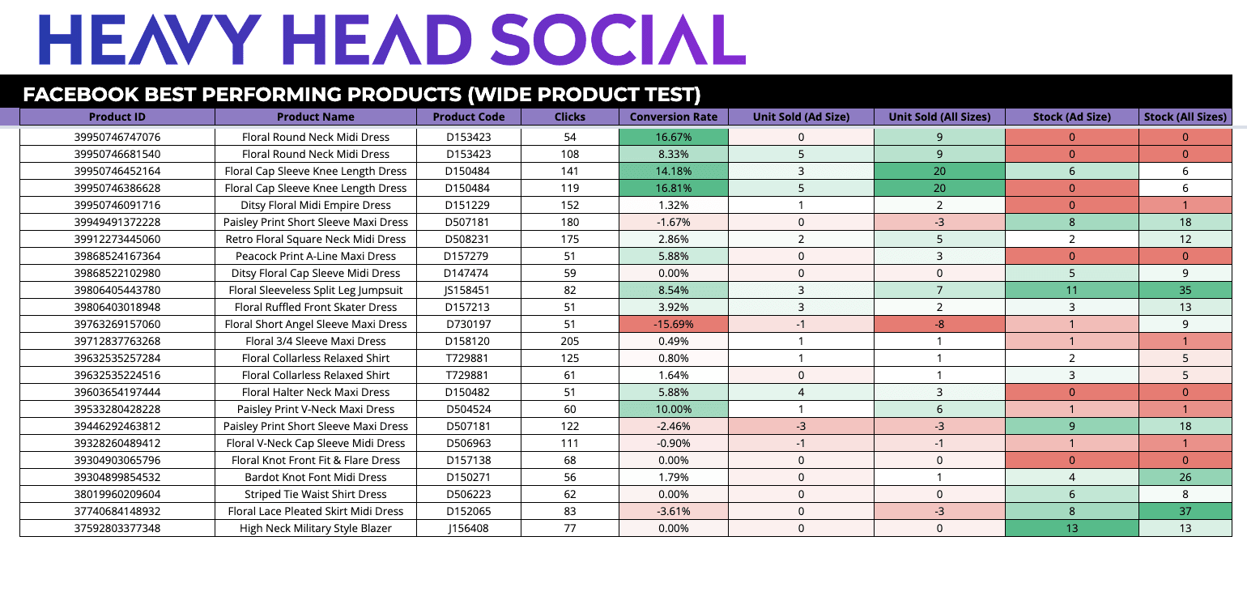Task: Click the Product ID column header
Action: coord(117,117)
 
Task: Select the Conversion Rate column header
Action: coord(673,117)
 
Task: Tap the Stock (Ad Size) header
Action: coord(1071,117)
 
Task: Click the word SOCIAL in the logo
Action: coord(618,40)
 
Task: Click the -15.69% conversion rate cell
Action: coord(673,324)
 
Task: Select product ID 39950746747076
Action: coord(117,137)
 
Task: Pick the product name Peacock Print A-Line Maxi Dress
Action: coord(315,256)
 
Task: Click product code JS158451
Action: coord(468,290)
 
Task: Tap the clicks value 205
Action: coord(569,341)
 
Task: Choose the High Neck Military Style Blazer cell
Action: coord(315,528)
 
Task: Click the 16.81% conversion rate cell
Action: coord(673,188)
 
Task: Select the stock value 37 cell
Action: coord(1185,511)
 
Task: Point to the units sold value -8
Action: coord(939,324)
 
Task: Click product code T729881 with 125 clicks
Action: coord(468,358)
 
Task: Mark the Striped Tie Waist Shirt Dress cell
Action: coord(315,494)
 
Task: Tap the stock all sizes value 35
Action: coord(1185,290)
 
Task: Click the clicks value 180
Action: coord(569,222)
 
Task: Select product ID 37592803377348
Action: coord(117,528)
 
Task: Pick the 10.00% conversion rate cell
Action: coord(673,409)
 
